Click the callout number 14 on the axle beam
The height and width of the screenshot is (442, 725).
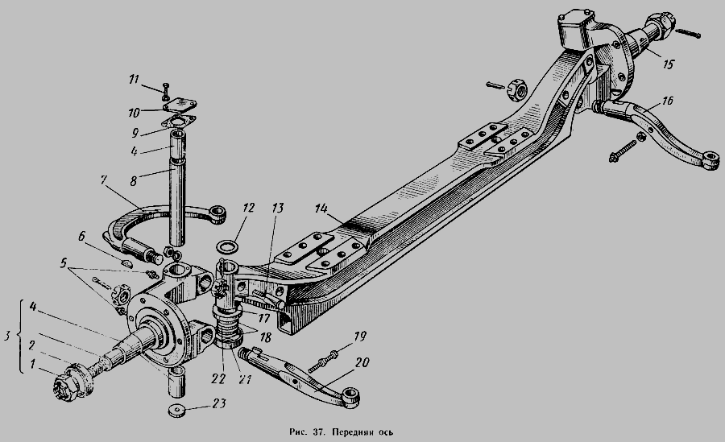(x=321, y=208)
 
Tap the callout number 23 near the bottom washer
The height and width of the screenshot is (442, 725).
(x=219, y=403)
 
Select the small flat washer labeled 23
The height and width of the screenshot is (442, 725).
(x=176, y=411)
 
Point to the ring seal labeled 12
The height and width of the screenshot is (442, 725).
(x=227, y=246)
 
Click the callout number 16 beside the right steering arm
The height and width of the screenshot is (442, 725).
(x=667, y=101)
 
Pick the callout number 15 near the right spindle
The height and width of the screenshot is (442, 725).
(x=668, y=64)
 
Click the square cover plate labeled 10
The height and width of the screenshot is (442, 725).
(x=180, y=106)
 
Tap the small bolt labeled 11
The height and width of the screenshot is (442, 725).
(x=167, y=91)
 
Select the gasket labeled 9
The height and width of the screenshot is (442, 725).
(x=178, y=123)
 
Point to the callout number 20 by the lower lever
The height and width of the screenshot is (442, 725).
(x=362, y=363)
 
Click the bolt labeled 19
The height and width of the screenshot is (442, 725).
(x=324, y=361)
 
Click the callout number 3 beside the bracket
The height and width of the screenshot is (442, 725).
(x=7, y=336)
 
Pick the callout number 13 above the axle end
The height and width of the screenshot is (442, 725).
(x=277, y=208)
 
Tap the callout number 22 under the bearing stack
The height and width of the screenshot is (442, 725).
(x=218, y=379)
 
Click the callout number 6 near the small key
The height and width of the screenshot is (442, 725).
(x=81, y=237)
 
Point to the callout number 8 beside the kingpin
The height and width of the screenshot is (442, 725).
(x=133, y=181)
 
